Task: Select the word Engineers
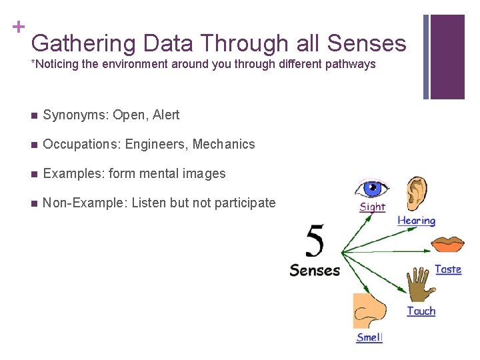point(157,144)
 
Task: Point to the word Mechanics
point(223,144)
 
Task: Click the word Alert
point(166,115)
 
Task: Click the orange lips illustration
point(448,244)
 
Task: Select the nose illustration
point(369,311)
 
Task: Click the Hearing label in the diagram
point(416,221)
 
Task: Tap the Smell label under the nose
point(369,337)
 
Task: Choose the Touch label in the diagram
point(421,311)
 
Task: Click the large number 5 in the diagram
point(315,241)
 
